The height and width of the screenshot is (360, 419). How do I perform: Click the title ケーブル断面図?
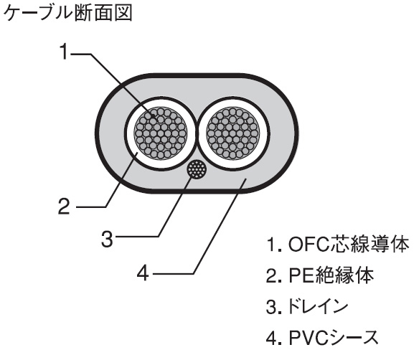[x=68, y=14]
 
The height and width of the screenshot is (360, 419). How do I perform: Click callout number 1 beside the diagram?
[x=64, y=52]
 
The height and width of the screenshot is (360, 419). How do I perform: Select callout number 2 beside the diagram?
[x=64, y=207]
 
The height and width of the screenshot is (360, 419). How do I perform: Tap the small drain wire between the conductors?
[x=196, y=170]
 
